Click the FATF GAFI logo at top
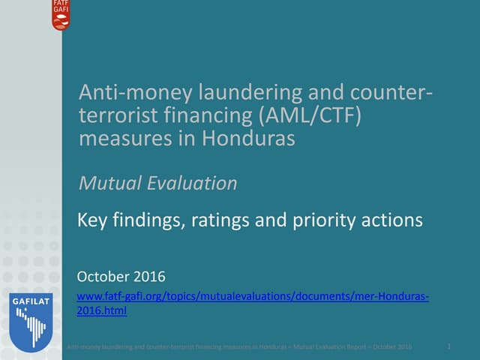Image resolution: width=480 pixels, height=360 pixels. coord(60,15)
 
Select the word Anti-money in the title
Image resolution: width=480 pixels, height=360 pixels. coord(125,94)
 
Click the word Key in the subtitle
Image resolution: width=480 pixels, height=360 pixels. coord(92,220)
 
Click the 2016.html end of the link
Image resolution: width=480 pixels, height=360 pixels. coord(102,311)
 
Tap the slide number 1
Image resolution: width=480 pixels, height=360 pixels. coord(448,346)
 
